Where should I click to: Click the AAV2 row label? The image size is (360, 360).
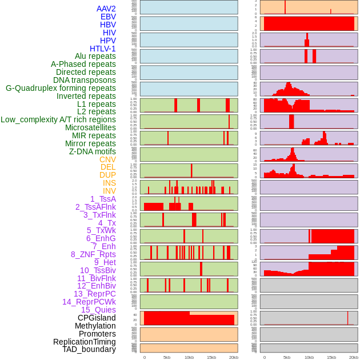click(106, 9)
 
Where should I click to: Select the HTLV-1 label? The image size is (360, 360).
click(102, 49)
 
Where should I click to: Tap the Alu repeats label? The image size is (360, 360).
click(95, 56)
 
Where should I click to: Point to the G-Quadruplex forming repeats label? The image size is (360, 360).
click(61, 88)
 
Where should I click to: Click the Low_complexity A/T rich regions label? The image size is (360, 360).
click(58, 119)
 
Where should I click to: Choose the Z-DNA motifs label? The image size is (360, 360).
click(92, 151)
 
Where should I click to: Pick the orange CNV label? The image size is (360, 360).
click(107, 159)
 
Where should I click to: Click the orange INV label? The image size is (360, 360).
click(109, 191)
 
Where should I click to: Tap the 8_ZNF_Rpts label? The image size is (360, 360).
click(93, 254)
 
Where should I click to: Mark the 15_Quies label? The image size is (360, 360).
click(98, 310)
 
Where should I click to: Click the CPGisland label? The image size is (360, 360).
click(97, 318)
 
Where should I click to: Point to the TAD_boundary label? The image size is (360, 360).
click(89, 349)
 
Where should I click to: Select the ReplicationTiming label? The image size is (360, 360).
click(85, 342)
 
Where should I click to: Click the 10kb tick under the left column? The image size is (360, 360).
click(189, 357)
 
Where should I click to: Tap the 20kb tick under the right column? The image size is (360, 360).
click(354, 357)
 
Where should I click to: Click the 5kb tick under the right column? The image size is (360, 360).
click(287, 357)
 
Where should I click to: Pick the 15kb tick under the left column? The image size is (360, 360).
click(211, 357)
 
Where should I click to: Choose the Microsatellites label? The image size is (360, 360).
click(90, 127)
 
